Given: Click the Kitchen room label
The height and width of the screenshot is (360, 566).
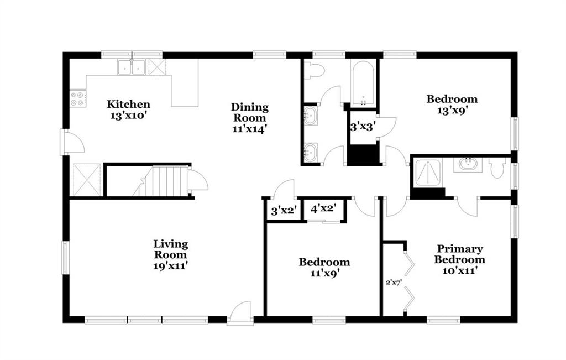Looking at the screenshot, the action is point(128,105).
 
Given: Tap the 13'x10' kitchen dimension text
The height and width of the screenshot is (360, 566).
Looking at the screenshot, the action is point(128,116).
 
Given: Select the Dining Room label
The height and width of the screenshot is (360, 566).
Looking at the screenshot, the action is point(250,112).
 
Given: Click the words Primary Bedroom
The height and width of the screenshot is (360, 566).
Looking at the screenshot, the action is point(459,254).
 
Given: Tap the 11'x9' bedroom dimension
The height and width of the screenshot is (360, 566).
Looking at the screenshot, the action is point(324,273).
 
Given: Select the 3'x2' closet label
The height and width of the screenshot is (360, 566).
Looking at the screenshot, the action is point(284,211).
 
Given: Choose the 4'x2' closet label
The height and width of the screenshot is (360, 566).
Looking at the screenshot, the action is point(323,208).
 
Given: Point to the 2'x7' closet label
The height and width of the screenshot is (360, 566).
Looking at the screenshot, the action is point(394,282).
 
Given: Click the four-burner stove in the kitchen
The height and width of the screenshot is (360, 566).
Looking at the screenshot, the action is point(78,99).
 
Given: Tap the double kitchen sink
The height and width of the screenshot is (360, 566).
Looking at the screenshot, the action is point(132,67).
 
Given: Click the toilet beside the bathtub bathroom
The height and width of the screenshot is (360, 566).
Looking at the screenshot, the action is point(312,70).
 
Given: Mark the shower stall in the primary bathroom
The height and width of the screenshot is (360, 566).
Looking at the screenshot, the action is point(428,173).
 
